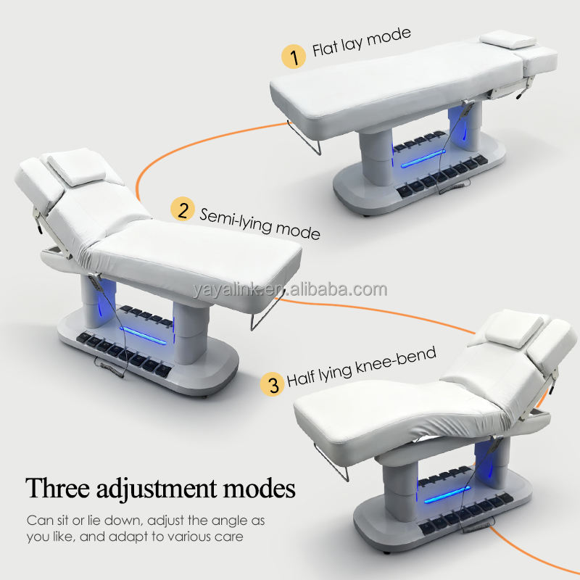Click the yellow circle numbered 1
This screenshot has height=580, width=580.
tap(294, 57)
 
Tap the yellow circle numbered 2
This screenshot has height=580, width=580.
tap(183, 209)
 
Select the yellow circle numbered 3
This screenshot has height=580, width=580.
tap(273, 384)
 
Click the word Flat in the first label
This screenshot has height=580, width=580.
tap(325, 49)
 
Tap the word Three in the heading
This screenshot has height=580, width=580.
tap(58, 487)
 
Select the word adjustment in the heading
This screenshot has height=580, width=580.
tap(157, 489)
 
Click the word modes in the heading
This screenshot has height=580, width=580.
tap(260, 488)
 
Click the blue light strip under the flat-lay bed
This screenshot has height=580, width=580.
tap(423, 158)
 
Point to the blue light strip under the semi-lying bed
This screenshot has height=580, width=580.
tap(143, 336)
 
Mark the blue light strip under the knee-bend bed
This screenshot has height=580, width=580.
tap(447, 494)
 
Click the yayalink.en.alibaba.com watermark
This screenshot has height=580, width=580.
tap(289, 289)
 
